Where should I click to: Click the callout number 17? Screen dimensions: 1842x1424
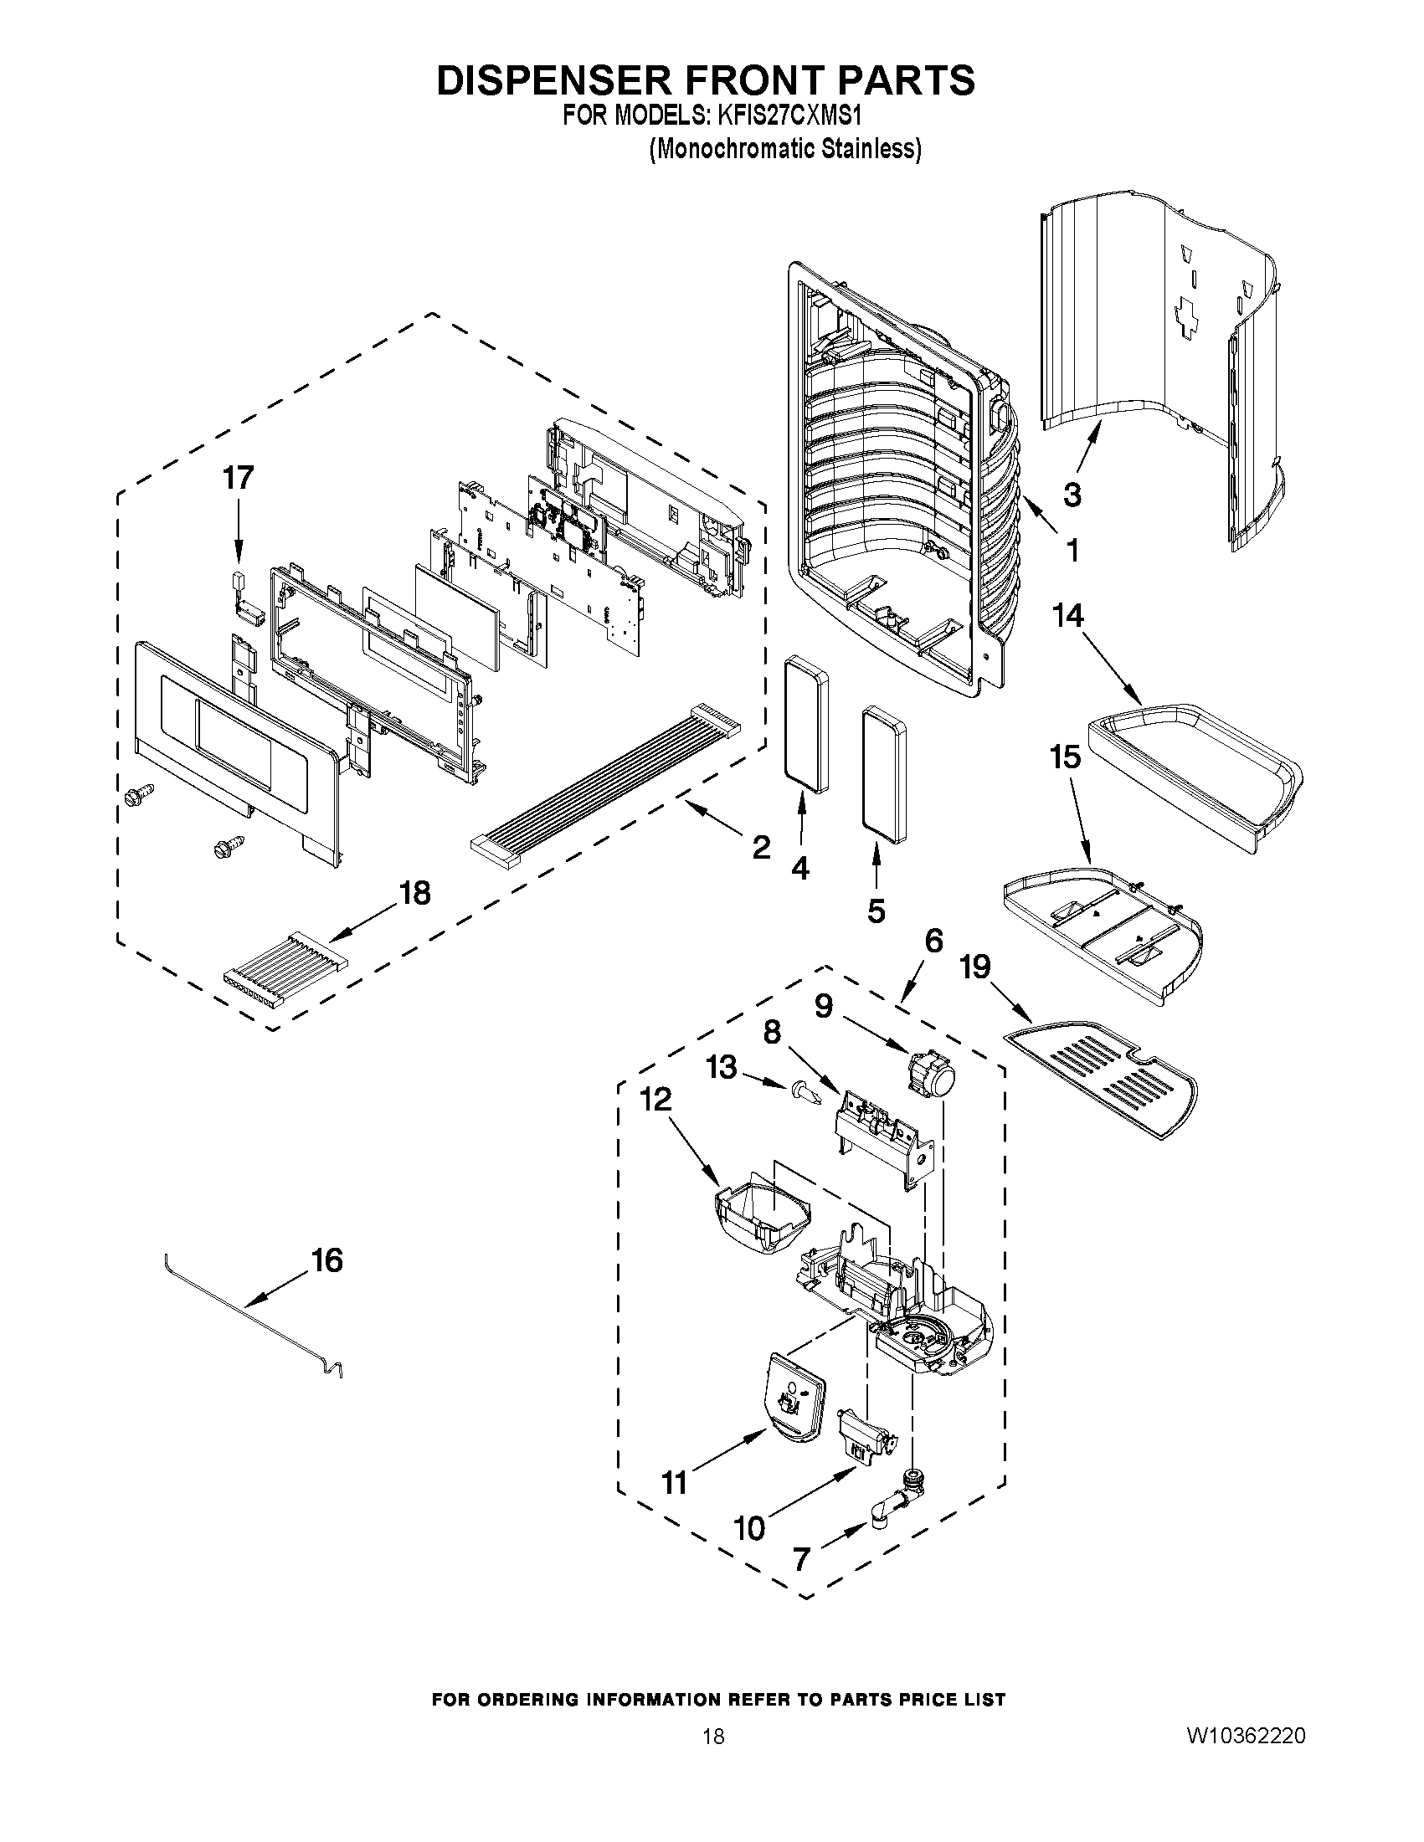click(238, 478)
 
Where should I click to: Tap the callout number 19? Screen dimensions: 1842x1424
click(975, 967)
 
